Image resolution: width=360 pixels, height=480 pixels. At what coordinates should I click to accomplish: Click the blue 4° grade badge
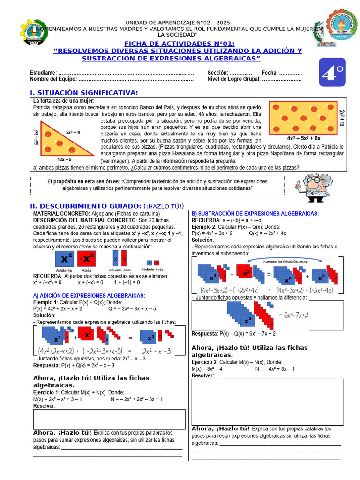[x=332, y=72]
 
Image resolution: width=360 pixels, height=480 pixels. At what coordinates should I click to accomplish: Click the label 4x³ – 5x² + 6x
[x=303, y=138]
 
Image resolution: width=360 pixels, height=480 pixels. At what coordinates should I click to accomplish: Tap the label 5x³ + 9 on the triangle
[x=73, y=132]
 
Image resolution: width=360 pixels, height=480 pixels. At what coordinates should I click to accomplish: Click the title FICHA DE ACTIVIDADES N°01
[x=179, y=44]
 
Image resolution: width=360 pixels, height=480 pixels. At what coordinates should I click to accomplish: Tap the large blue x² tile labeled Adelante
[x=64, y=258]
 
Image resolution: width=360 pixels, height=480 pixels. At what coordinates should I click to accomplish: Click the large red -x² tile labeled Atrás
[x=86, y=258]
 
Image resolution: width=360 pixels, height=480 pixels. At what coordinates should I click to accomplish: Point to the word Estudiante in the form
[x=43, y=73]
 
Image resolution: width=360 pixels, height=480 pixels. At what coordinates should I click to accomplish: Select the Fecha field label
[x=270, y=73]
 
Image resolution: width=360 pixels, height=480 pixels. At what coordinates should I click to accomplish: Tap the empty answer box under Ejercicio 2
[x=267, y=402]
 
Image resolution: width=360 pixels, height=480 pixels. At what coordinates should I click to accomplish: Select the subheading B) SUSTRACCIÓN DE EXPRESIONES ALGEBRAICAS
[x=255, y=214]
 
